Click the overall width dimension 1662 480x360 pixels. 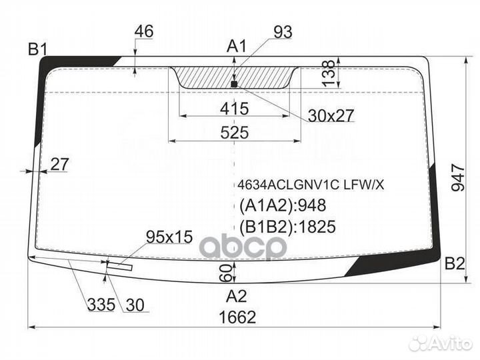point(237,317)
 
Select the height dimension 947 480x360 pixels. point(458,177)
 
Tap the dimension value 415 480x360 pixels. point(235,109)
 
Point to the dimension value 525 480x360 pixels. point(235,133)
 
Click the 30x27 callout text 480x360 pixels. point(331,115)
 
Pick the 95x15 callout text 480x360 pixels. point(169,237)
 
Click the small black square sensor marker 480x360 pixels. point(234,84)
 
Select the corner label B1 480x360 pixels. point(38,49)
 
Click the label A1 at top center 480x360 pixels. point(237,47)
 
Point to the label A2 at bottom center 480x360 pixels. point(236,296)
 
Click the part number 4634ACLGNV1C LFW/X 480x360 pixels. point(311,185)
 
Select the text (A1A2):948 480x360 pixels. point(282,205)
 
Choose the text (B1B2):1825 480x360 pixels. point(287,227)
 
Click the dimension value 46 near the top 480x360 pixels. point(144,31)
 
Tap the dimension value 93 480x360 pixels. point(283,32)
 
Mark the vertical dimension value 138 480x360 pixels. point(329,73)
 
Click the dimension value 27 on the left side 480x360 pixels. point(59,165)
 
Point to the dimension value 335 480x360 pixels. point(101,305)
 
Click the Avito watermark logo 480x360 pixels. point(441,343)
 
